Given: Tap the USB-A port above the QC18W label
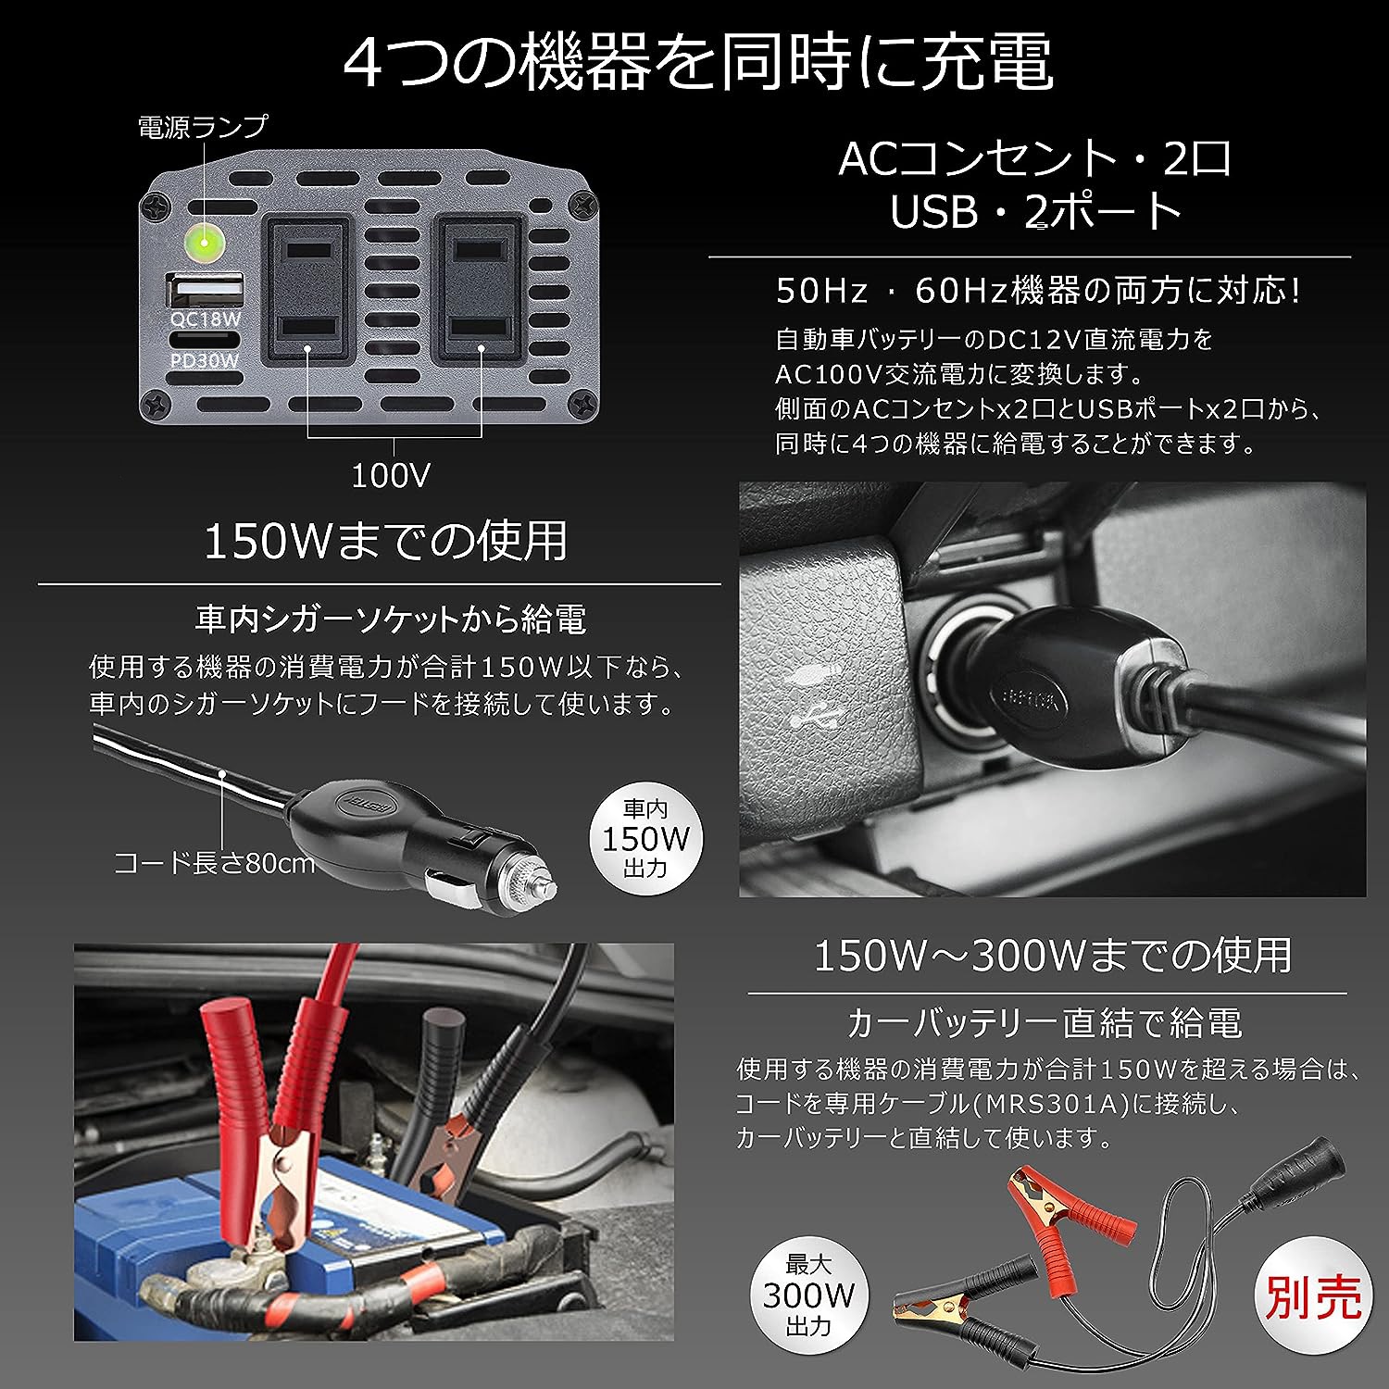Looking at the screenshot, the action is click(205, 292).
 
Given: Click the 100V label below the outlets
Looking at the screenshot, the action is click(392, 476).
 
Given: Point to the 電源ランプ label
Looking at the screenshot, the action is click(203, 127).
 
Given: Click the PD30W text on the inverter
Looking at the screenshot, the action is click(204, 360).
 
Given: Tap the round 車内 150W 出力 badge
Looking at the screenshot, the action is click(646, 839).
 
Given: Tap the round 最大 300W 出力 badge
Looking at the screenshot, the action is click(808, 1294).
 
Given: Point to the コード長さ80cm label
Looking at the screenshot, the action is click(214, 864).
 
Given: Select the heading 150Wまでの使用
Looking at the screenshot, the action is click(385, 540).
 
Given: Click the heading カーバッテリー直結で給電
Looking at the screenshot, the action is click(1045, 1023).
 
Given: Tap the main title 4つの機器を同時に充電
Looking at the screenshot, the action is click(698, 62).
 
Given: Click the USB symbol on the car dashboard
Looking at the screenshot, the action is click(816, 714).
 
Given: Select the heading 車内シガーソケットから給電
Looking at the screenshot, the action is click(391, 619).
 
